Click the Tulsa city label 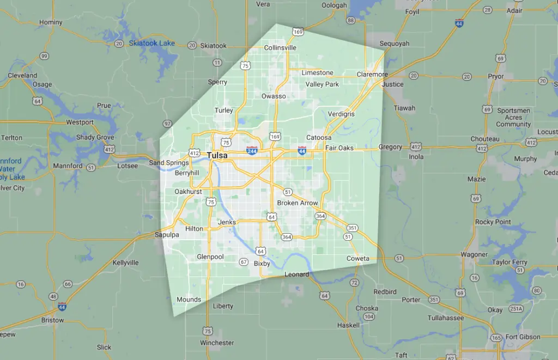pos(217,156)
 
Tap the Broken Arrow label pos(298,203)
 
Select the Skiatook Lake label pos(152,44)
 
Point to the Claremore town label pos(372,75)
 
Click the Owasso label pos(274,96)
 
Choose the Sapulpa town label pos(167,235)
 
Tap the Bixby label pos(262,264)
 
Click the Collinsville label pos(280,48)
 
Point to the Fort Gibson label pos(523,337)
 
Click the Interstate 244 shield pos(252,149)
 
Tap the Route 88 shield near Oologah pos(351,21)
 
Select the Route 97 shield pos(167,124)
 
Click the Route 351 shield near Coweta pos(353,228)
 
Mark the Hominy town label pos(51,22)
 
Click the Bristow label pos(53,320)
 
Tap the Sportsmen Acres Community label pos(513,117)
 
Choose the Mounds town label pos(189,300)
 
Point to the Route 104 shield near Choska pos(369,316)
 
